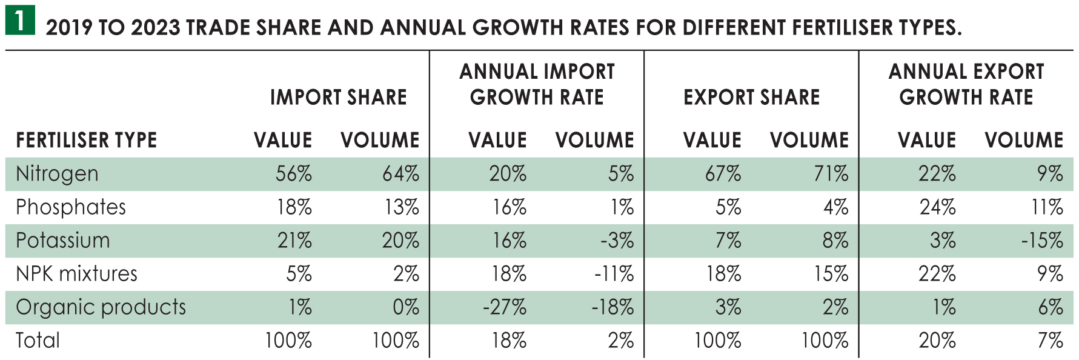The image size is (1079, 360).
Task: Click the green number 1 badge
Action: coord(20,20)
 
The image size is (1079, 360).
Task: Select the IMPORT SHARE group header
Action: coord(338,97)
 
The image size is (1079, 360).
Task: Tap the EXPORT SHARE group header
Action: coord(751,97)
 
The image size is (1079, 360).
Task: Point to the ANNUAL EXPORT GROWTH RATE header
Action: coord(966,84)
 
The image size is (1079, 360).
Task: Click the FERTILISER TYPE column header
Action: coord(87,141)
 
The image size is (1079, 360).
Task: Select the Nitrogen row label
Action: coord(57,174)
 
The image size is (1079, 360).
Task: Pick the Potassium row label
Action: coord(63,241)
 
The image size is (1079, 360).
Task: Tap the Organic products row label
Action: coord(101,307)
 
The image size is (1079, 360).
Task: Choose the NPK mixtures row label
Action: coord(77,274)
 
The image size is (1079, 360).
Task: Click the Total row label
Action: coord(38,341)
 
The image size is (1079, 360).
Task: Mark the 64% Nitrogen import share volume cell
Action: coord(400,174)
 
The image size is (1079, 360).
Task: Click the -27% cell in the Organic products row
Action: coord(505,307)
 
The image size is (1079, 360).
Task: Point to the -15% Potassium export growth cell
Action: coord(1041,241)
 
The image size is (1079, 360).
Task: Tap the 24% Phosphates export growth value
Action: coord(937,207)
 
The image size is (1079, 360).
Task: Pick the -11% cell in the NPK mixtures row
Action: coord(614,274)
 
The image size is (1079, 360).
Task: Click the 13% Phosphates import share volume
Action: coord(402,207)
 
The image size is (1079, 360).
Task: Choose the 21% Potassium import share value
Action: coord(294,241)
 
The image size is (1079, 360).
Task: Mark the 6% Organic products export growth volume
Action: coord(1051,307)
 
